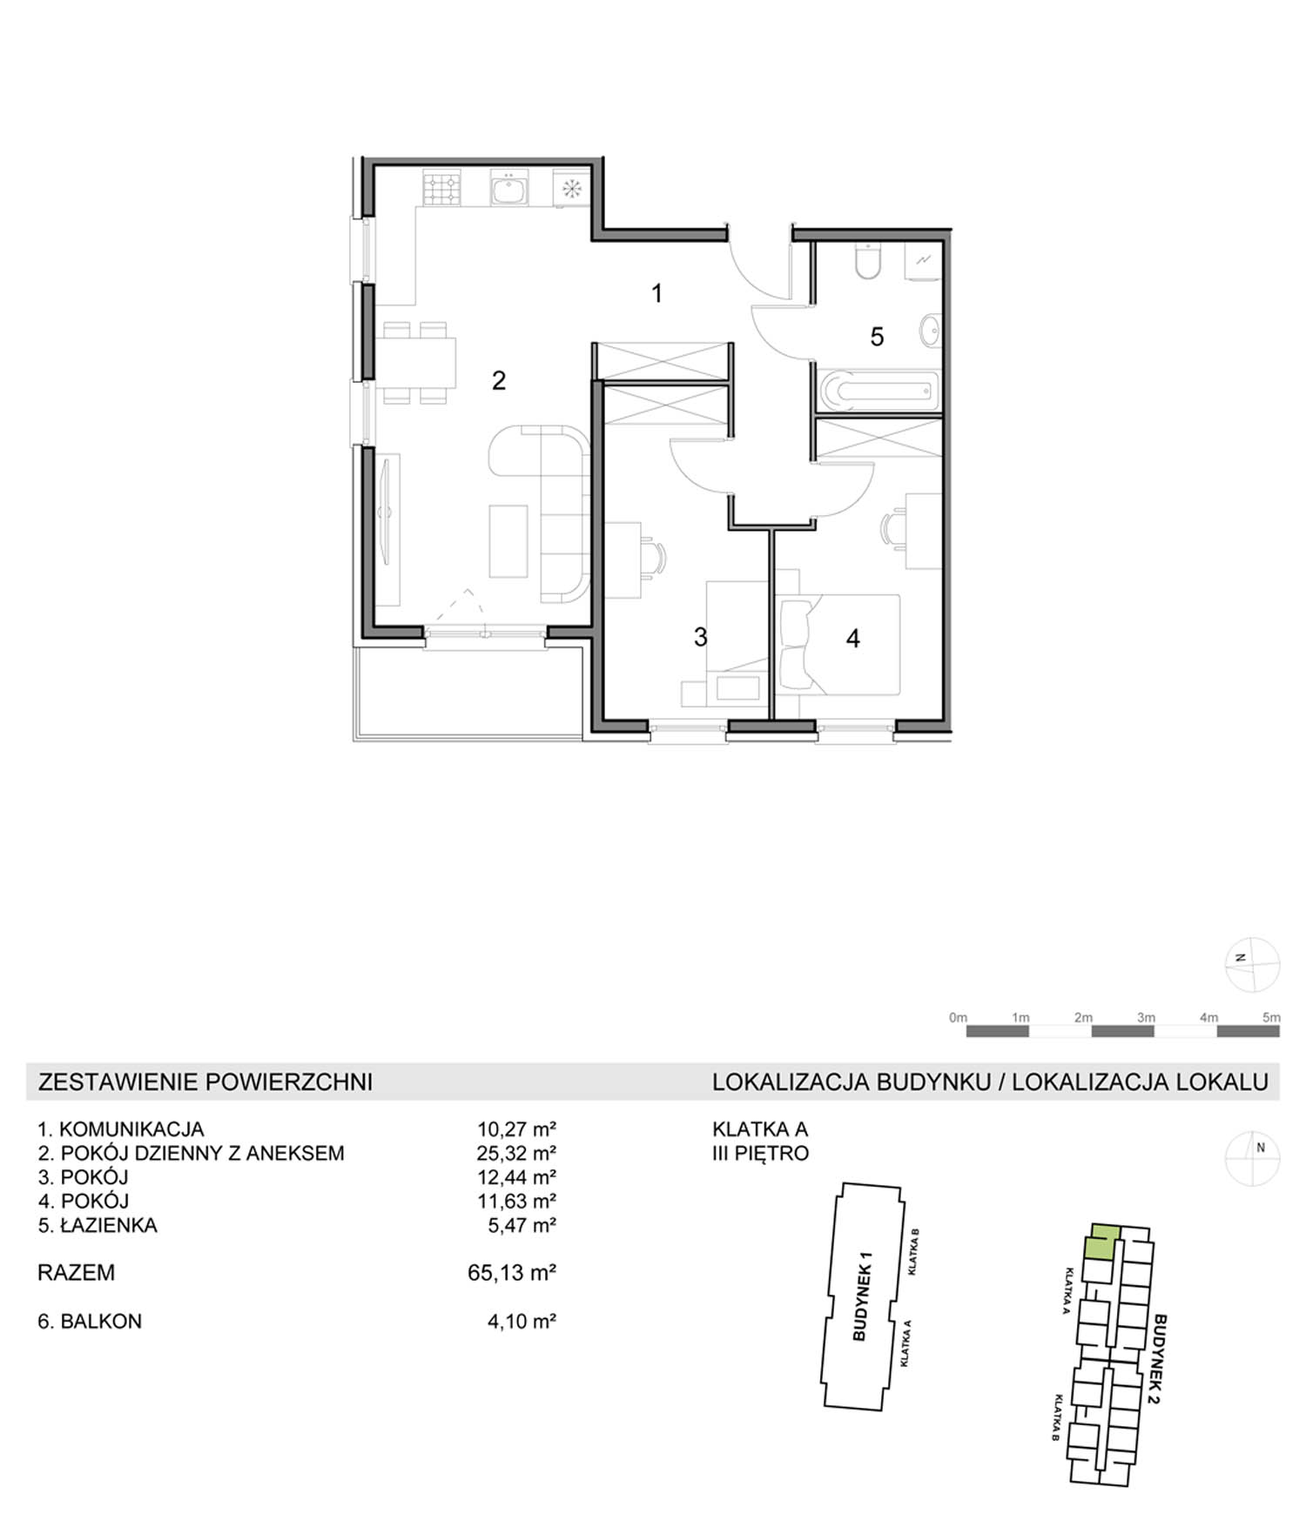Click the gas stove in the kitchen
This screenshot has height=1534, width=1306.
441,189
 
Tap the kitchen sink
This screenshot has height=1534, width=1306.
508,189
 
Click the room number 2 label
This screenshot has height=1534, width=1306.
499,380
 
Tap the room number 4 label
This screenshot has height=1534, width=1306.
853,639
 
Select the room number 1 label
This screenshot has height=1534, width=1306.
657,293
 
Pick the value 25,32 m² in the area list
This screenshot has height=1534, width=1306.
516,1153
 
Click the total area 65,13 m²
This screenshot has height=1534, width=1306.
512,1272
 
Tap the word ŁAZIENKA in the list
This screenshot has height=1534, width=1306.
109,1225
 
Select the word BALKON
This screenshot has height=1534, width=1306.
101,1321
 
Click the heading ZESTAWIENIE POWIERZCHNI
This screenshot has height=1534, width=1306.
205,1082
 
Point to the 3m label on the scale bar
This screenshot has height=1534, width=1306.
1146,1017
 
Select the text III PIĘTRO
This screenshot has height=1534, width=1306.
761,1153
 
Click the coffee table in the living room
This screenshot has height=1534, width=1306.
508,541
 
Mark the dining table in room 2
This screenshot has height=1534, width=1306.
417,362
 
